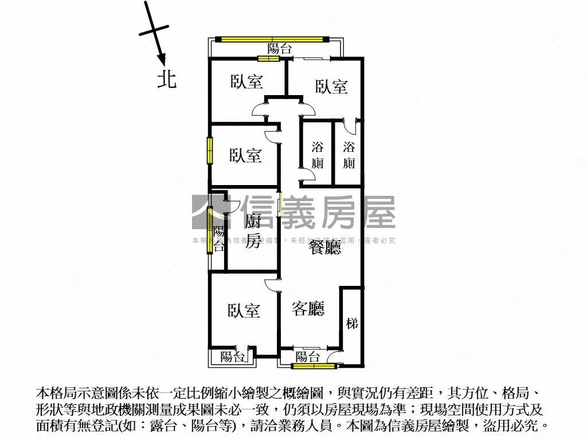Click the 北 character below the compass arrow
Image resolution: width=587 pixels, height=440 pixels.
click(x=167, y=79)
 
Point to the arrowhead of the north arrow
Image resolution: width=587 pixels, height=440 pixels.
click(x=162, y=59)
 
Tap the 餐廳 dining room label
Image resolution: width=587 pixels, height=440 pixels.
click(x=324, y=247)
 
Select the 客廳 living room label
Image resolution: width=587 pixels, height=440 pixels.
click(x=308, y=309)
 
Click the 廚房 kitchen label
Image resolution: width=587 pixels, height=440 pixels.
click(x=252, y=231)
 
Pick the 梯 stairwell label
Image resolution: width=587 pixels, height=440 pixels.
click(x=352, y=324)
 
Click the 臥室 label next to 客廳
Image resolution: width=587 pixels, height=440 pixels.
click(x=244, y=311)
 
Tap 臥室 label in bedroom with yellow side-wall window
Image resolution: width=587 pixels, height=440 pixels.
click(x=246, y=155)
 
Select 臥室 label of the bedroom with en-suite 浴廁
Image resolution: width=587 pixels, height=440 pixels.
click(x=332, y=87)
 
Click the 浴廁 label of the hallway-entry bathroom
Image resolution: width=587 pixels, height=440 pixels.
click(x=317, y=155)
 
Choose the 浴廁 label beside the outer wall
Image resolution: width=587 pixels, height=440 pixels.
click(x=349, y=155)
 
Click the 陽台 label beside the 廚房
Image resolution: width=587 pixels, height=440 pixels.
click(x=219, y=239)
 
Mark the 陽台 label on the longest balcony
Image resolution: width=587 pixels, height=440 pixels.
click(x=280, y=49)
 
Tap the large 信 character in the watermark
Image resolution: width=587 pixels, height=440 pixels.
click(x=256, y=212)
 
